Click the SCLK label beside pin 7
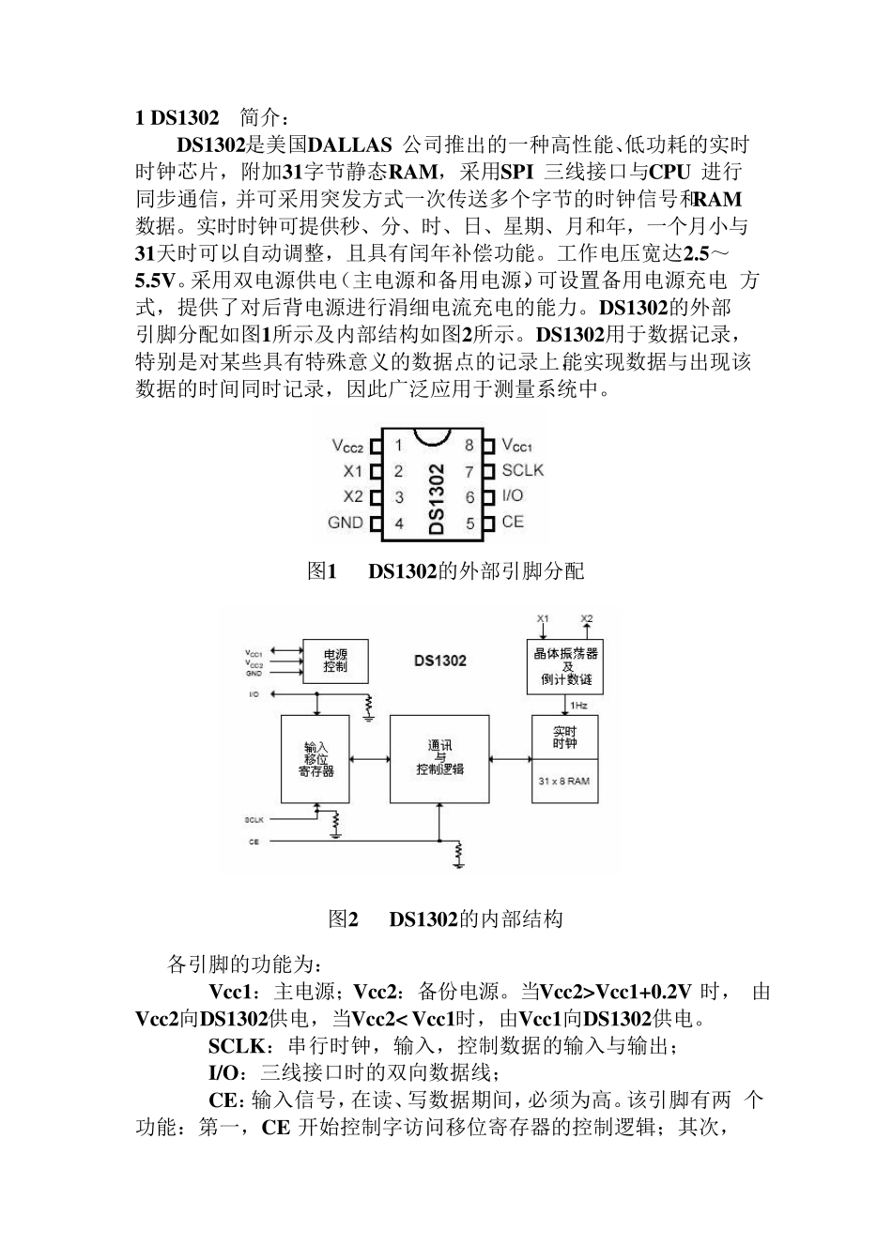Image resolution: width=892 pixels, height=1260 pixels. tap(522, 470)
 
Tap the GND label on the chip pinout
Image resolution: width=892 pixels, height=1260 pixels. tap(345, 523)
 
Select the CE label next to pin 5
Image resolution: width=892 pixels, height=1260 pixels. tap(512, 522)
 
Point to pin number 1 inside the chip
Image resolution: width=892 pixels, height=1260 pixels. tap(398, 445)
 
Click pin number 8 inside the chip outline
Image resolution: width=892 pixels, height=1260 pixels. tap(469, 445)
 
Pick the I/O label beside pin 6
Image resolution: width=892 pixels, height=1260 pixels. tap(513, 495)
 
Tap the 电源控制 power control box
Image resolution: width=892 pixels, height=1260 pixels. tap(334, 660)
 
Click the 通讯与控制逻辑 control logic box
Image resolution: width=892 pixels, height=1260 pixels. tap(439, 758)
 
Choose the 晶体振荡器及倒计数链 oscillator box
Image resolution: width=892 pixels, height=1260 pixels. tap(566, 665)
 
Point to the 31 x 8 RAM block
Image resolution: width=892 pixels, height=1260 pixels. tap(564, 781)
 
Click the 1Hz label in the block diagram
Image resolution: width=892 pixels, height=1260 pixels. tap(580, 706)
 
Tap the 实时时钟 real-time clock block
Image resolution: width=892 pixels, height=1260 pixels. tap(564, 737)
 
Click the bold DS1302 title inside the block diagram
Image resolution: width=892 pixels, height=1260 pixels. tap(439, 660)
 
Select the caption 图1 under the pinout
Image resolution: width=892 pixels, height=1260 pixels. tap(321, 570)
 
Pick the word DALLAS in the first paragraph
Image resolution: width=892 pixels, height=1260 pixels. tap(350, 145)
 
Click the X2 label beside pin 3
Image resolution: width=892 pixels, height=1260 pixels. tap(352, 496)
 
